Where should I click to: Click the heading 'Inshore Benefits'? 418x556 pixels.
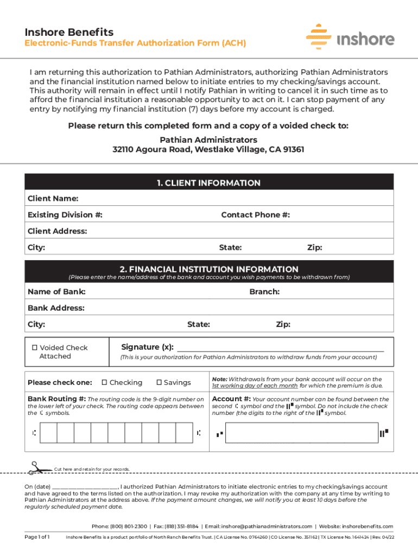tap(69, 32)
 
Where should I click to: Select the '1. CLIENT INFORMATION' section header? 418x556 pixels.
tap(209, 183)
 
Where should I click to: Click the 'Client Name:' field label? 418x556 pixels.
tap(53, 199)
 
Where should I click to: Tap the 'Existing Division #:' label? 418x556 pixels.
tap(65, 215)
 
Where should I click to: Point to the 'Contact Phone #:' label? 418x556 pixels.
tap(255, 215)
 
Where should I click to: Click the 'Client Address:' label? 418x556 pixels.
tap(57, 231)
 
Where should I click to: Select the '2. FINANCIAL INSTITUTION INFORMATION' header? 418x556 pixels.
tap(209, 269)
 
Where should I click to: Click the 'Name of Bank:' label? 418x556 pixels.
tap(56, 292)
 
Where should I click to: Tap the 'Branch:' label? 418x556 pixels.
tap(264, 292)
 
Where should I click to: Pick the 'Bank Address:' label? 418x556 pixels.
tap(56, 308)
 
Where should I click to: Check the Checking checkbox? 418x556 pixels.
tap(105, 383)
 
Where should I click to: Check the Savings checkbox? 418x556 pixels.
tap(159, 383)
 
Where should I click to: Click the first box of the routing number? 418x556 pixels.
tap(49, 433)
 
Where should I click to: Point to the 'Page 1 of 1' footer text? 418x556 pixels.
tap(37, 538)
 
